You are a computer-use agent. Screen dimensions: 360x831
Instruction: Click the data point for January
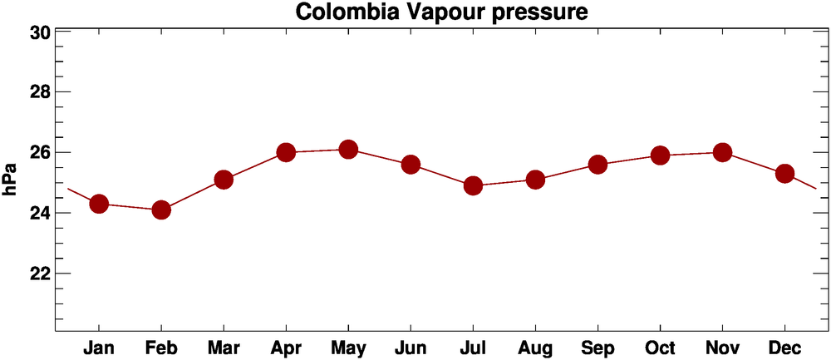coord(99,204)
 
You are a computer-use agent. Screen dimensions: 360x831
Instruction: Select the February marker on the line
coord(161,210)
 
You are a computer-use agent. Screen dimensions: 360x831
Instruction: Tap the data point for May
coord(348,150)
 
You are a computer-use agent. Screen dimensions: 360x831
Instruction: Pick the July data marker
coord(473,185)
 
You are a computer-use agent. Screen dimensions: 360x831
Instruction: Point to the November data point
coord(722,152)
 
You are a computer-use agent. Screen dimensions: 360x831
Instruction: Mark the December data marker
coord(784,174)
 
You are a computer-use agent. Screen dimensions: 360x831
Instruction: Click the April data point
coord(286,152)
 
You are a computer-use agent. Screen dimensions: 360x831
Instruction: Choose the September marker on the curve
coord(597,165)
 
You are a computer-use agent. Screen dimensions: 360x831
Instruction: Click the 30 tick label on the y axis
coord(40,32)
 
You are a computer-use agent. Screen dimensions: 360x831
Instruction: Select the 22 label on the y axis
coord(40,274)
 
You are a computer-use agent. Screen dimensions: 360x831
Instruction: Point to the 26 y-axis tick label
coord(40,153)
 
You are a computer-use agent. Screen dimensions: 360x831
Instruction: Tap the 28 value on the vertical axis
coord(40,92)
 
